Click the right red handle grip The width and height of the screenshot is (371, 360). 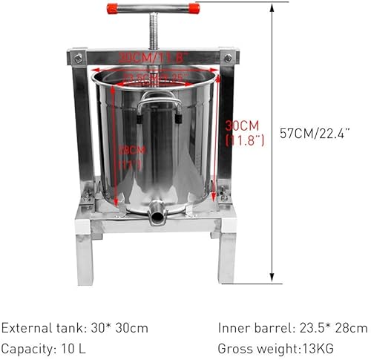[192, 8]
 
